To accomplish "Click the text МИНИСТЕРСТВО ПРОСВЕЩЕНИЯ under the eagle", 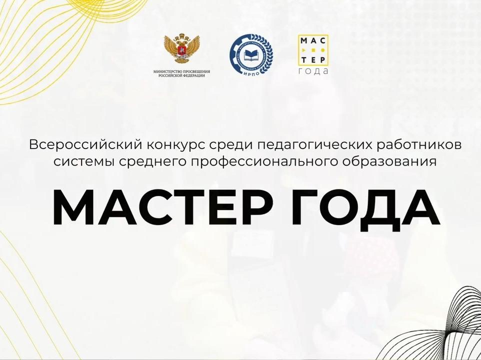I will click(182, 71).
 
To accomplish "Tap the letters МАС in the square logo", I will click(312, 40).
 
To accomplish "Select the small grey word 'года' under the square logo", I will click(313, 71).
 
